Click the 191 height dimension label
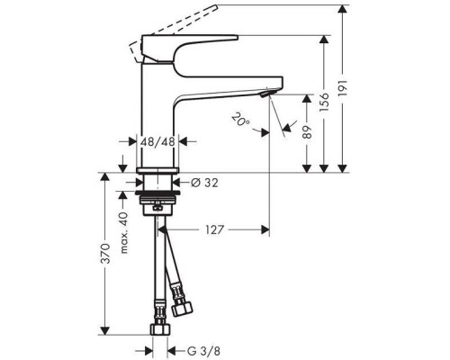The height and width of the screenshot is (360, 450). [352, 88]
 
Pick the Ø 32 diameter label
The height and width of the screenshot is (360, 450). [206, 184]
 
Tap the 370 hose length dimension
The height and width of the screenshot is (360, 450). [106, 254]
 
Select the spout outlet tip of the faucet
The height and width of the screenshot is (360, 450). [266, 92]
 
